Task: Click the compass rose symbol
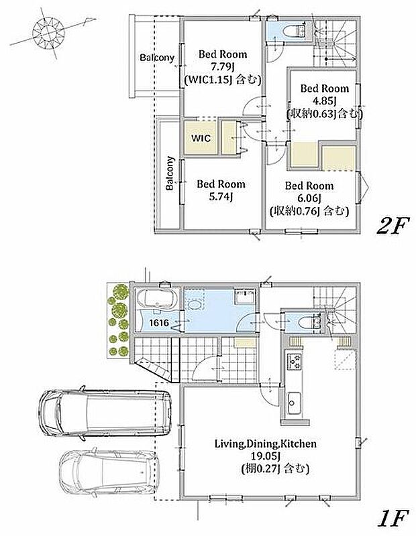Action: pyautogui.click(x=48, y=33)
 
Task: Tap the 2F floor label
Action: pyautogui.click(x=393, y=226)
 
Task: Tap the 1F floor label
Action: pyautogui.click(x=393, y=518)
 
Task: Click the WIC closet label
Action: pyautogui.click(x=201, y=139)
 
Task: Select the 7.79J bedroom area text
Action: pyautogui.click(x=223, y=67)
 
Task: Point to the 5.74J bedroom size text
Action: pyautogui.click(x=221, y=197)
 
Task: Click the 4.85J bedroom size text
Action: pyautogui.click(x=324, y=101)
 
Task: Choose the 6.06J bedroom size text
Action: pyautogui.click(x=309, y=198)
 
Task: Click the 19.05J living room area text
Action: pyautogui.click(x=266, y=456)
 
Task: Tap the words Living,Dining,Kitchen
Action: pyautogui.click(x=265, y=444)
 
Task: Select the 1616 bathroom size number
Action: pyautogui.click(x=159, y=322)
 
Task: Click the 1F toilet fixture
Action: pyautogui.click(x=309, y=322)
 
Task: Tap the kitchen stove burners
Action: pyautogui.click(x=295, y=362)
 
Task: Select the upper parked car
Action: pyautogui.click(x=105, y=413)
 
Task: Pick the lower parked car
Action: pyautogui.click(x=109, y=472)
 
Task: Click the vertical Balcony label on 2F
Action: pyautogui.click(x=170, y=173)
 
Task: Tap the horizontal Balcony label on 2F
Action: pyautogui.click(x=157, y=58)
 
